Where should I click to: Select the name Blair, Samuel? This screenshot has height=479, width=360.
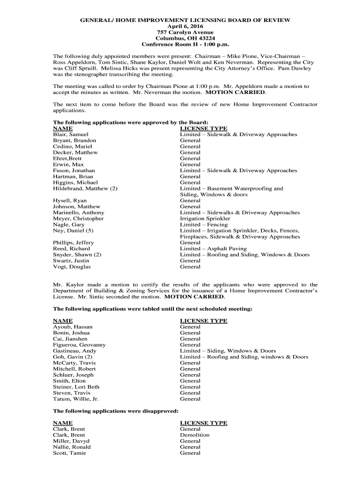tap(71, 135)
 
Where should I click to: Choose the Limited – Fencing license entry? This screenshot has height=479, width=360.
tap(204, 225)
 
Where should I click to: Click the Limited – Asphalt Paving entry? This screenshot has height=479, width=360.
tap(213, 249)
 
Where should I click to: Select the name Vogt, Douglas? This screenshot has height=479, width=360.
tap(72, 267)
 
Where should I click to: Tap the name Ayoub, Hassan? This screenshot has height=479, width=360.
tap(73, 327)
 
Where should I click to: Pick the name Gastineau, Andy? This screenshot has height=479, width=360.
tap(75, 351)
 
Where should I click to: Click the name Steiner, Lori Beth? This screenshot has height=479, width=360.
tap(76, 387)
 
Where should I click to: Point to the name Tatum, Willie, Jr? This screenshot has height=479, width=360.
tap(76, 399)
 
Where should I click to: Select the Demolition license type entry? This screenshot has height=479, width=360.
tap(194, 435)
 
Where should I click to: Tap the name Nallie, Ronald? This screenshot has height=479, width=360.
tap(72, 447)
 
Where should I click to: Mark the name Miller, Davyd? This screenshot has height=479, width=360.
tap(71, 441)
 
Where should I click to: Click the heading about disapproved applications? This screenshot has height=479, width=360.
tap(115, 411)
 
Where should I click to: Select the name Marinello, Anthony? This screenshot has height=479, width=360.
tap(79, 213)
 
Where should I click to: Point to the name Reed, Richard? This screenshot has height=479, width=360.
tap(72, 249)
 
